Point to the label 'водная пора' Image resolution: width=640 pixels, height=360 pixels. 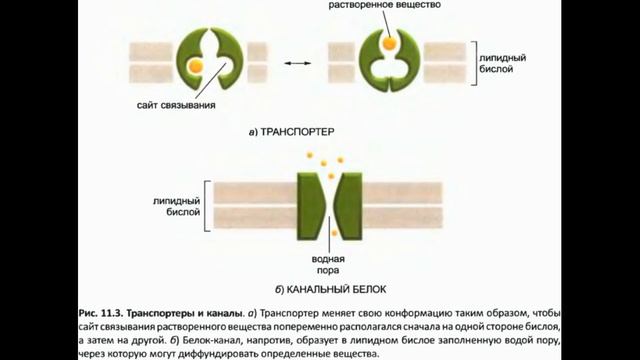click(327, 263)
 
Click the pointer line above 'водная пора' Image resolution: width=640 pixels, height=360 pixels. click(328, 247)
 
